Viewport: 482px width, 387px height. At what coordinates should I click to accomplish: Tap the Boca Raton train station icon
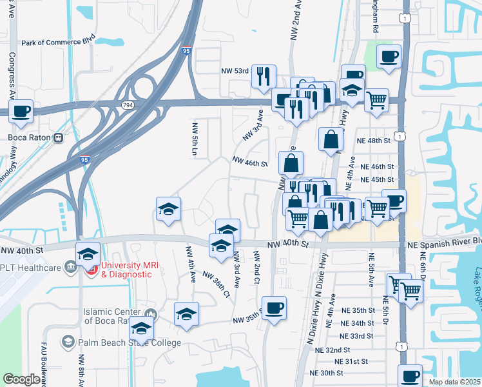(x=58, y=137)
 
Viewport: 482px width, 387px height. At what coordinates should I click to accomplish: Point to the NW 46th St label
(x=249, y=164)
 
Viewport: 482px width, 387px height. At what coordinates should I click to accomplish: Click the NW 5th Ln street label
(x=194, y=138)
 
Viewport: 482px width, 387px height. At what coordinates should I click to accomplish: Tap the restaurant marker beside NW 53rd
(x=263, y=76)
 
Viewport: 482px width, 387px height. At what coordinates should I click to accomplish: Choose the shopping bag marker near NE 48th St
(x=331, y=139)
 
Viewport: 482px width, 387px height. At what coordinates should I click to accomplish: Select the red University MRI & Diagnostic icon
(x=92, y=269)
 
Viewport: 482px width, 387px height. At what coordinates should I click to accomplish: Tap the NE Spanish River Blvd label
(x=445, y=241)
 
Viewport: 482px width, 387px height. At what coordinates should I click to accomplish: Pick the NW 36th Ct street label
(x=217, y=283)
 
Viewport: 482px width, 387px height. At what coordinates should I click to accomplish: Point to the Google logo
(x=21, y=379)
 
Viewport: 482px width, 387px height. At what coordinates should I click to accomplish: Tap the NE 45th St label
(x=377, y=179)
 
